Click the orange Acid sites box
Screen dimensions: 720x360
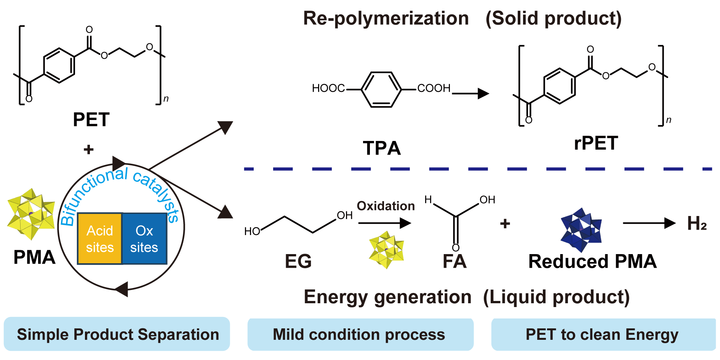[100, 238]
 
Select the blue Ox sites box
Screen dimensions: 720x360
[144, 238]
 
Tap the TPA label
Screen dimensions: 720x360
[382, 147]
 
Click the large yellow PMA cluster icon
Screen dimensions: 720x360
[28, 213]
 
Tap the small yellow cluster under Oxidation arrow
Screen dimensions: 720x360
[385, 249]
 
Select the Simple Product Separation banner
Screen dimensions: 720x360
[117, 334]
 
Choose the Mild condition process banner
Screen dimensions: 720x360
[360, 334]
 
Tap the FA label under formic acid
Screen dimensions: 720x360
[453, 262]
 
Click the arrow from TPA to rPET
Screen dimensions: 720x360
[469, 93]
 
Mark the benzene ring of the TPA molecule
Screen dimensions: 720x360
[382, 87]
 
